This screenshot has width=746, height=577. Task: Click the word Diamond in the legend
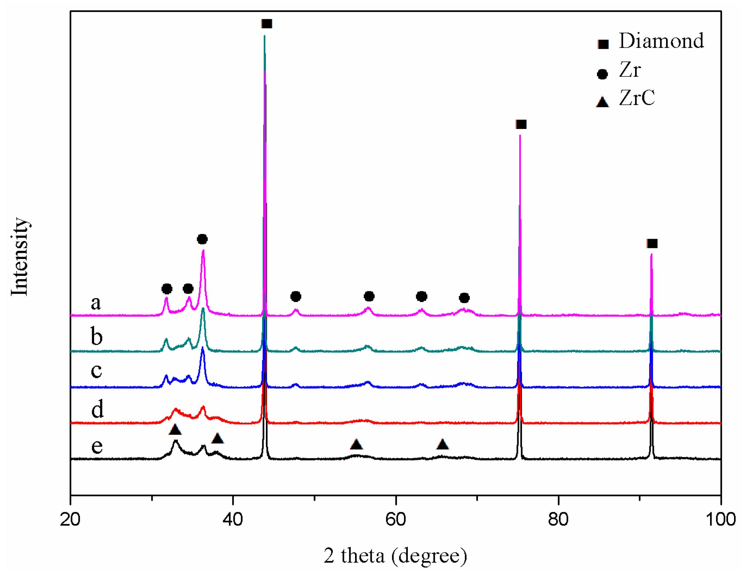tap(661, 41)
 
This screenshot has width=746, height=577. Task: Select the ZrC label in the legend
tap(637, 98)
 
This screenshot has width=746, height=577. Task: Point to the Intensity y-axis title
tap(19, 256)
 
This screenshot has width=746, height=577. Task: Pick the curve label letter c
tap(96, 370)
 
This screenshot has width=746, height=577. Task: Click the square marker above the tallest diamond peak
tap(267, 24)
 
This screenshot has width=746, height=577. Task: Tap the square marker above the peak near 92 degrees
tap(652, 244)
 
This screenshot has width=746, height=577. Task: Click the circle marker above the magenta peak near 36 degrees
tap(202, 239)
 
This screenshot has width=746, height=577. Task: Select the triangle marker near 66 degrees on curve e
tap(442, 444)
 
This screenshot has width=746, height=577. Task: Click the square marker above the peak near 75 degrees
tap(521, 124)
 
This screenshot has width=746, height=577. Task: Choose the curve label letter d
tap(97, 409)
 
